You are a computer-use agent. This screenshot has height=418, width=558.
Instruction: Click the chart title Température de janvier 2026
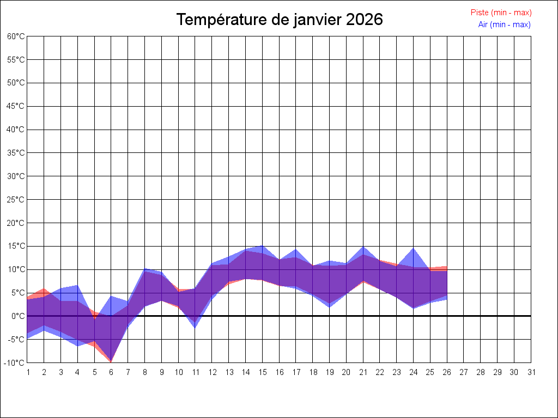pyautogui.click(x=280, y=20)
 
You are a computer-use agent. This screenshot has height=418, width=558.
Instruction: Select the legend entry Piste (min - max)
pyautogui.click(x=501, y=13)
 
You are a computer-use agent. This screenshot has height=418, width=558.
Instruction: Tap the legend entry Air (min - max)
pyautogui.click(x=504, y=24)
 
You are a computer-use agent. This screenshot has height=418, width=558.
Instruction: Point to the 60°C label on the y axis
pyautogui.click(x=16, y=36)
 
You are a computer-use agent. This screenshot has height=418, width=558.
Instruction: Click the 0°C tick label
pyautogui.click(x=18, y=316)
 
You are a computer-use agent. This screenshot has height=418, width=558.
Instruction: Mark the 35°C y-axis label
pyautogui.click(x=16, y=153)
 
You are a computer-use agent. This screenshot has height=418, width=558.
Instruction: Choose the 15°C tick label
pyautogui.click(x=16, y=246)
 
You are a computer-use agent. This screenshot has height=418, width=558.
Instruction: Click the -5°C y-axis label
pyautogui.click(x=17, y=339)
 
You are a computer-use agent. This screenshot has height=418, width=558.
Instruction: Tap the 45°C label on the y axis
pyautogui.click(x=16, y=106)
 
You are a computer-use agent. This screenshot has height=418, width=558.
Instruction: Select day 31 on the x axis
pyautogui.click(x=531, y=372)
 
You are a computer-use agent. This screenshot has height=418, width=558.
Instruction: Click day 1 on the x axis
pyautogui.click(x=27, y=372)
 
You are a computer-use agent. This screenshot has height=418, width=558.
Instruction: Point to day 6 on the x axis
pyautogui.click(x=111, y=372)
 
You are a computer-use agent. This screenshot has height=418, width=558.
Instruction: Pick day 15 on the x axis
pyautogui.click(x=262, y=372)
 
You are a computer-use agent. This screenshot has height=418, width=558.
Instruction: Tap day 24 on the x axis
pyautogui.click(x=414, y=372)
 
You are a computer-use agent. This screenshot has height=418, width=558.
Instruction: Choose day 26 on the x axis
pyautogui.click(x=447, y=372)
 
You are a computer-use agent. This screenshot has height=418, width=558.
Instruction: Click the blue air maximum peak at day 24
pyautogui.click(x=414, y=249)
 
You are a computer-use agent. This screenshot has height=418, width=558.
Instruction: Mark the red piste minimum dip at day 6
pyautogui.click(x=111, y=361)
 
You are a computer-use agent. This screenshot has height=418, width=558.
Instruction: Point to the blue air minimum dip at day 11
pyautogui.click(x=195, y=327)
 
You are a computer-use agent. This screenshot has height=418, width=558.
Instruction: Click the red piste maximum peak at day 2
pyautogui.click(x=44, y=289)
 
